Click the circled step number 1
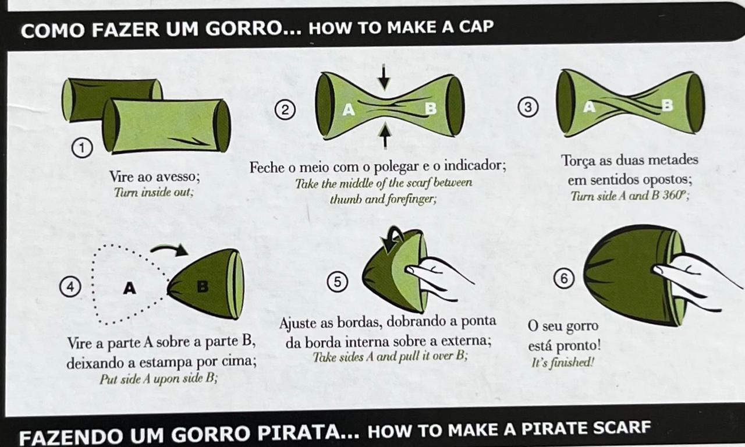tap(82, 148)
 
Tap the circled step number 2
tap(285, 110)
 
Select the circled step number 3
tap(528, 107)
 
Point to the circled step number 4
tap(70, 286)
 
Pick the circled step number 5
tap(337, 282)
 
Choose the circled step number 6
tap(564, 278)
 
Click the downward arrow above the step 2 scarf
tap(384, 77)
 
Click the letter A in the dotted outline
tap(130, 288)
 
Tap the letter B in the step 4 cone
tap(203, 286)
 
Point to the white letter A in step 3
tap(589, 107)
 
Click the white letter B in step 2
tap(431, 108)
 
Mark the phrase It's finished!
tap(563, 362)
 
